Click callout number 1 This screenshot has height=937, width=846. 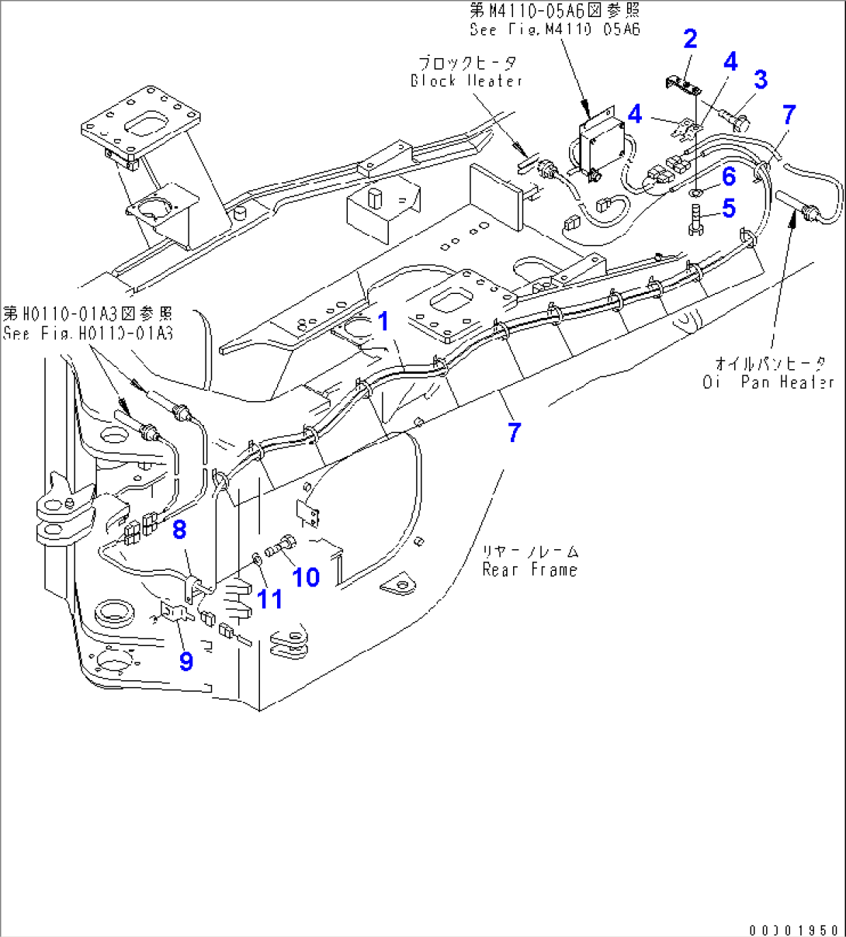click(383, 321)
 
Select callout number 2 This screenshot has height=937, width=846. click(690, 39)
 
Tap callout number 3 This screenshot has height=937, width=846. click(761, 79)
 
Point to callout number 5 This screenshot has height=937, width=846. click(728, 208)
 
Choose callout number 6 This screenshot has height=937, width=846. click(728, 177)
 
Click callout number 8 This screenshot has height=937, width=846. click(179, 530)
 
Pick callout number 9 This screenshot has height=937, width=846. click(185, 662)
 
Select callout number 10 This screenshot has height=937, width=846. click(306, 576)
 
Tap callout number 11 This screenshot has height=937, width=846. click(269, 599)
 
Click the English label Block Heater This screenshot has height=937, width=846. click(466, 81)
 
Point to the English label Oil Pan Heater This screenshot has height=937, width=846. click(768, 382)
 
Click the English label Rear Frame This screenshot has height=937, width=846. click(530, 570)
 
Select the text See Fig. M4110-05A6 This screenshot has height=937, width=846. click(554, 29)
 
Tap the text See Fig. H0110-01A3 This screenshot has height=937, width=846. click(88, 334)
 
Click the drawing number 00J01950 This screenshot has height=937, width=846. click(794, 929)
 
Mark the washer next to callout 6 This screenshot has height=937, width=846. click(696, 190)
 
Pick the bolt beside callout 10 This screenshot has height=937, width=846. click(282, 547)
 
